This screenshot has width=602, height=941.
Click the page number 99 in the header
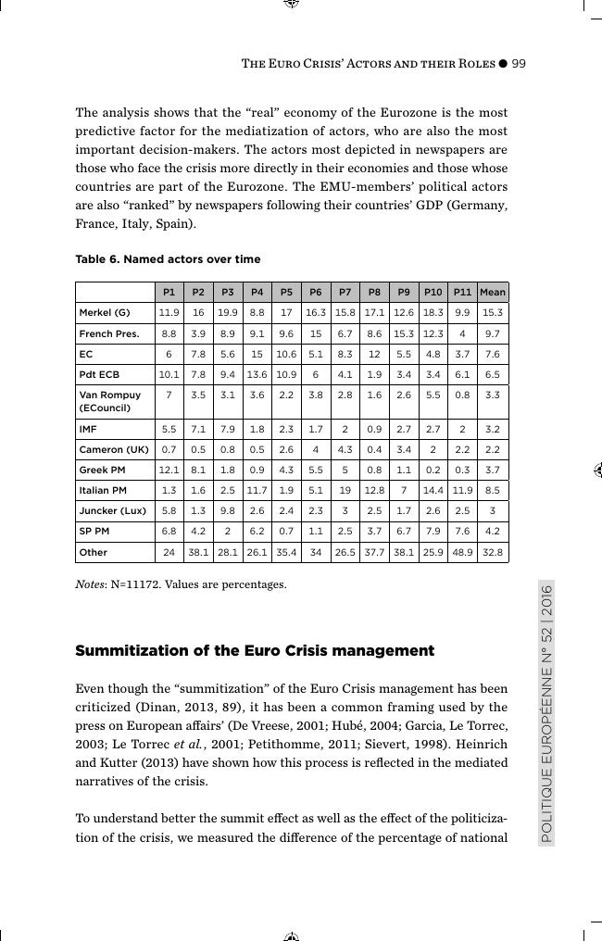click(x=519, y=64)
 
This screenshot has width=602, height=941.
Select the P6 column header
click(x=316, y=292)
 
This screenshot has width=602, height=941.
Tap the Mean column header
click(x=493, y=292)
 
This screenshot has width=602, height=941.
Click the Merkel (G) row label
click(x=105, y=313)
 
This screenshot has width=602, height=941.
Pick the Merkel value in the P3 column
click(x=228, y=313)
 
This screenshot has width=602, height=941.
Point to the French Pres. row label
click(x=109, y=333)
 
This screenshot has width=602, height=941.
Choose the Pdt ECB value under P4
click(x=257, y=374)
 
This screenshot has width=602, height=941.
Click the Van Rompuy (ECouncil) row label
click(x=110, y=401)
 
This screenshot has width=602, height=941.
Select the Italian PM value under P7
click(x=345, y=490)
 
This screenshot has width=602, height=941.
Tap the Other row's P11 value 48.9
click(x=463, y=552)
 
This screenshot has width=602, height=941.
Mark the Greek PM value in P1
click(x=169, y=470)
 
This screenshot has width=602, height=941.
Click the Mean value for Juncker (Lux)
click(x=493, y=510)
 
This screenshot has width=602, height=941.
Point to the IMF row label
click(x=88, y=429)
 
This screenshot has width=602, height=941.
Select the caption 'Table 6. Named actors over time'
click(x=168, y=259)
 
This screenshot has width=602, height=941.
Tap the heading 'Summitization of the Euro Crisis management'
click(x=254, y=651)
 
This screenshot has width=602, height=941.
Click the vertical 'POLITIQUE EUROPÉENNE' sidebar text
click(x=546, y=713)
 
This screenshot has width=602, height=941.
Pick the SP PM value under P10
click(x=433, y=531)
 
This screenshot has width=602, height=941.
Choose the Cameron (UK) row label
click(x=114, y=449)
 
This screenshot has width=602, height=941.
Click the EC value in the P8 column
click(x=374, y=354)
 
